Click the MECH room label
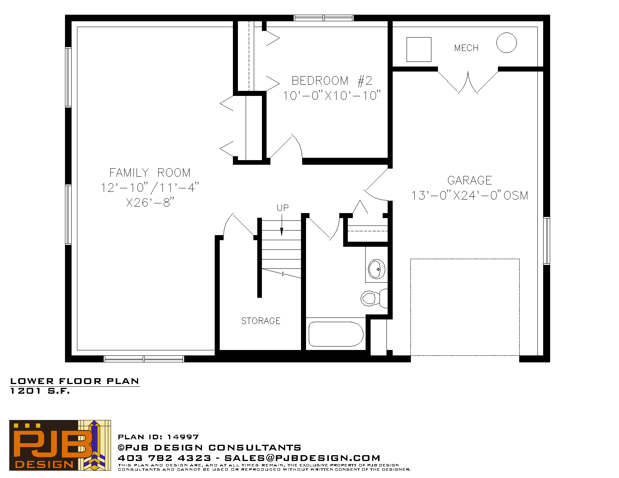point(466,48)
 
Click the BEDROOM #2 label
point(332,80)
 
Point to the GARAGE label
point(469,180)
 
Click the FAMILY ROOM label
point(150,172)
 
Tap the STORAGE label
point(261,321)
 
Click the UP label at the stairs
point(282,208)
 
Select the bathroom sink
point(376,269)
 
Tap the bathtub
point(336,334)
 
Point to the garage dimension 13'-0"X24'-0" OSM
point(470,195)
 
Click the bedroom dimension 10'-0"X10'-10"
point(332,96)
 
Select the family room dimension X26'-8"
point(150,202)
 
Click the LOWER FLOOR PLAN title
point(75,381)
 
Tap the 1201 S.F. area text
point(40,391)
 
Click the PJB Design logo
point(60,445)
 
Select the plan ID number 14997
point(183,437)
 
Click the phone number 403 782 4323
point(164,458)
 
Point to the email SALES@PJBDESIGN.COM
point(302,458)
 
